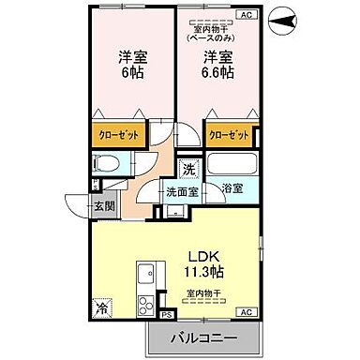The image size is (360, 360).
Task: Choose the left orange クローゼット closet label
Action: click(120, 135)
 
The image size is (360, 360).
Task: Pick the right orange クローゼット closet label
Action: click(231, 135)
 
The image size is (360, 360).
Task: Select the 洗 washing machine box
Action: click(188, 170)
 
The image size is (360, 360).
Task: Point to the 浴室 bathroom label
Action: click(232, 188)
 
